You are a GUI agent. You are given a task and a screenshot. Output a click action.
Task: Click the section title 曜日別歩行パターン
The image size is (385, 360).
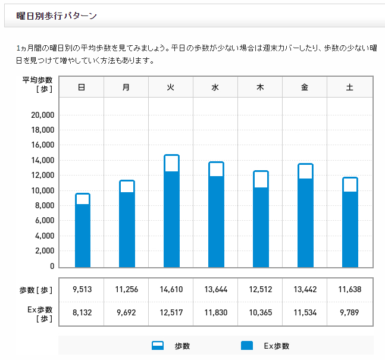57,16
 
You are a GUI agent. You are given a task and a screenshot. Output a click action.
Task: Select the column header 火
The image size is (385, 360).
171,87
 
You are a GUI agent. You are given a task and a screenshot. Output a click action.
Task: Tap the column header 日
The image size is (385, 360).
82,87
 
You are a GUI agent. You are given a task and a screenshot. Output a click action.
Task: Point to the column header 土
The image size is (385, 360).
349,87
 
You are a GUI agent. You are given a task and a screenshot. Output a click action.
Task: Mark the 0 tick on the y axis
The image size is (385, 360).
52,266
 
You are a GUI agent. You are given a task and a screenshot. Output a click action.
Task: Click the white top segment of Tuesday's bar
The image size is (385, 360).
171,164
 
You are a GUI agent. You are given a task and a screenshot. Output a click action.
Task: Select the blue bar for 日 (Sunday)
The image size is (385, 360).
83,236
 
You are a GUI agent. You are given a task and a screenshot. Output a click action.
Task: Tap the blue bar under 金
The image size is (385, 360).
305,223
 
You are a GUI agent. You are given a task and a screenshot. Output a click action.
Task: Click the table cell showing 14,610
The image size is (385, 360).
171,290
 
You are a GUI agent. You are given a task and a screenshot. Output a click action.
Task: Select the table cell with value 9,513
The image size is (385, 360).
82,290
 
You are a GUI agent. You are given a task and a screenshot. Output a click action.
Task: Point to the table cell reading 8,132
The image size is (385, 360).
82,314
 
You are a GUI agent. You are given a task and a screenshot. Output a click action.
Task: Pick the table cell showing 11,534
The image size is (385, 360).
305,314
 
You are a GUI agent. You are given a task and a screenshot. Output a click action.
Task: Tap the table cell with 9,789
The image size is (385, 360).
349,314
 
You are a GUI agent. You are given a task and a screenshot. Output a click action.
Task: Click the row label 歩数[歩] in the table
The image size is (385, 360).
36,290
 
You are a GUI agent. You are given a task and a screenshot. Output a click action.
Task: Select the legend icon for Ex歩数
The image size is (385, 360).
247,346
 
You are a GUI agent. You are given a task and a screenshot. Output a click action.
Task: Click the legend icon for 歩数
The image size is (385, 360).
158,346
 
